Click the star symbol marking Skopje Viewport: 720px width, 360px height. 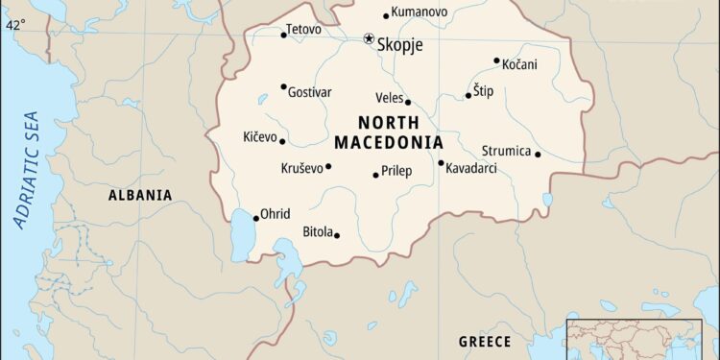tap(369, 38)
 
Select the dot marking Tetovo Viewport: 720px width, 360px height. tap(283, 35)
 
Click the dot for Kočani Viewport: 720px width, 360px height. tap(496, 60)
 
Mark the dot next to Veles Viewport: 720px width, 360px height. tap(408, 102)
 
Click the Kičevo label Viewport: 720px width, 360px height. tap(259, 136)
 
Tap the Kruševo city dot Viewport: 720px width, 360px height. tap(328, 166)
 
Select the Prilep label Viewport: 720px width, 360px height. tap(397, 171)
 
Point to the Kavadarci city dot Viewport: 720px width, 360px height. tap(441, 162)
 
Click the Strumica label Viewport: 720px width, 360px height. tap(505, 151)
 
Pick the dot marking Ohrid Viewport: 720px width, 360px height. tap(255, 218)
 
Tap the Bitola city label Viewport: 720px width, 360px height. tap(318, 231)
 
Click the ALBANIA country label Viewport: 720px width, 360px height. tap(140, 195)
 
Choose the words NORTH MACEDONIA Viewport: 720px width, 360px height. tap(389, 132)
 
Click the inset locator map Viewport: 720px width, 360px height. tap(641, 336)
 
